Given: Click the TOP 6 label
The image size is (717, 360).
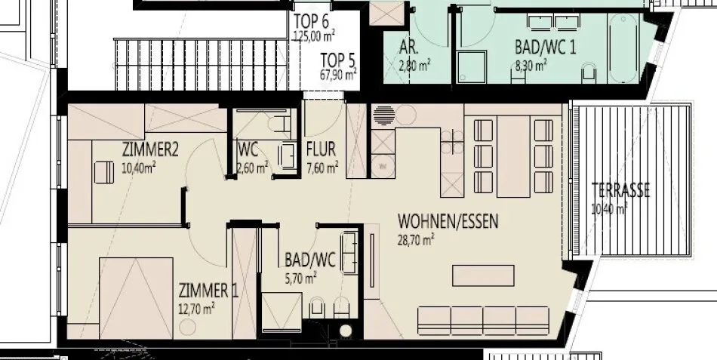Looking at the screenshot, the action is (x=312, y=21).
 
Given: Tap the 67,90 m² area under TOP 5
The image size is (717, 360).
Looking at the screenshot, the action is (x=338, y=75).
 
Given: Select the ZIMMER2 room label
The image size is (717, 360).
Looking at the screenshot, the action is (x=150, y=149).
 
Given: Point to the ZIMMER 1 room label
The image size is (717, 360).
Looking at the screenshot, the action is (x=208, y=291).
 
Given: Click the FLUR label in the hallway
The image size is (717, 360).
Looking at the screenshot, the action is (x=321, y=149).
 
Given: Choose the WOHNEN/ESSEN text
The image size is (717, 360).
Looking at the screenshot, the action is (x=448, y=221).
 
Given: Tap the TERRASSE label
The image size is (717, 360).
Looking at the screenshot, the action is (x=620, y=191).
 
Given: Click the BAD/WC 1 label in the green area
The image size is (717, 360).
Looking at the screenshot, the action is (x=545, y=47).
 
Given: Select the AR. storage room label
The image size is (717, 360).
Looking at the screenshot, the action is (x=410, y=47).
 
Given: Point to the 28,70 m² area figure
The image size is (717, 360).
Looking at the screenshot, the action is (x=416, y=240).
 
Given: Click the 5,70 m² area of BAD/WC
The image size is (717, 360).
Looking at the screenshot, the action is (x=301, y=278).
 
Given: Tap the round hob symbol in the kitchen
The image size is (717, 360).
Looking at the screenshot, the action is (x=383, y=115).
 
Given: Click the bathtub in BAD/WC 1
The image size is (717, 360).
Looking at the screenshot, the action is (x=623, y=48).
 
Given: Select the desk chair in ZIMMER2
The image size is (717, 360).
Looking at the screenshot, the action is (x=104, y=172).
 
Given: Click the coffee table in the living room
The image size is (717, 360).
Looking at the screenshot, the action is (x=483, y=275).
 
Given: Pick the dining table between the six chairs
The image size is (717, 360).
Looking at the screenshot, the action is (x=513, y=156).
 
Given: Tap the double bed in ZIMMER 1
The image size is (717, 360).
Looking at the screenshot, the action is (x=137, y=298).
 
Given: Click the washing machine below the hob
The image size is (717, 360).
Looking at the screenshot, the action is (x=383, y=167).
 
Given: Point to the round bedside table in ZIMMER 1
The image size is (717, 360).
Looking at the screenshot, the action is (x=187, y=327).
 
